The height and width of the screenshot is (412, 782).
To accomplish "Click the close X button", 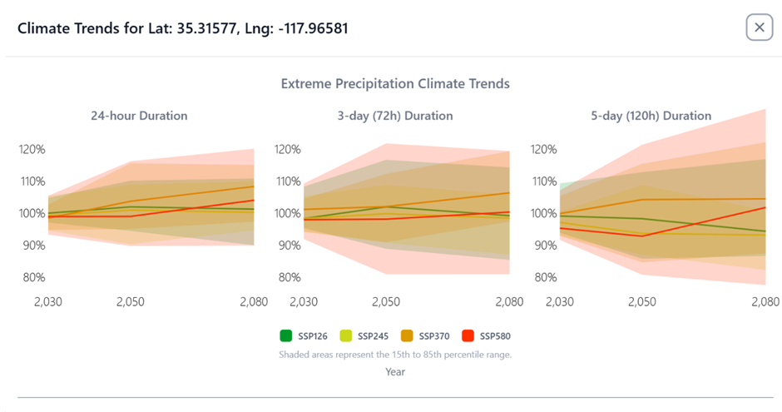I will pos(759,27).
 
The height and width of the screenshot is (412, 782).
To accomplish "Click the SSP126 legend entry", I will pos(304,336).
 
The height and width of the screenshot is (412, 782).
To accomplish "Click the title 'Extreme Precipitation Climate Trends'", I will pos(395,84).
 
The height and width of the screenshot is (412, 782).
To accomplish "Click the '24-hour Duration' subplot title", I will pos(139,116).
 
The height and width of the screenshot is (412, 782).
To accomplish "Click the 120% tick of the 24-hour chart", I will pos(32,150).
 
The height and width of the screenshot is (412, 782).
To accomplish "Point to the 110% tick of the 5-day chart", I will pos(542,181).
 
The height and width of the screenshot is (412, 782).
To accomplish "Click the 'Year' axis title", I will pos(395,372).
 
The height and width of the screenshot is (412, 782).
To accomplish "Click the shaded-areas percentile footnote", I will pos(395,355).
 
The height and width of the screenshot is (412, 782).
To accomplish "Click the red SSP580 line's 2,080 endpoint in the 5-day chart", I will pos(765,207).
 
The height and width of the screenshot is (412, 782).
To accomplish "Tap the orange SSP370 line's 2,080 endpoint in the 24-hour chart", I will pos(254,186).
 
